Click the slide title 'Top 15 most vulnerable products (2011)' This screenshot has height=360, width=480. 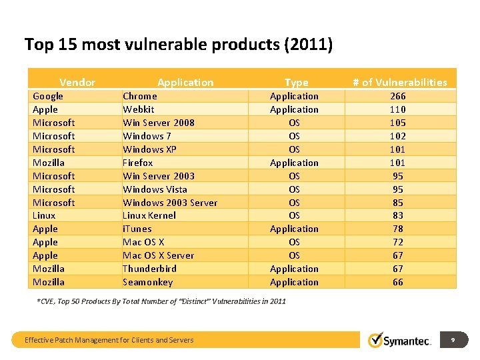tap(178, 45)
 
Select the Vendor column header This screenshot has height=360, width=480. tap(77, 83)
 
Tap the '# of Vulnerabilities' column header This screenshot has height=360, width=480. tap(399, 83)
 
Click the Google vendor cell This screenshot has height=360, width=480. tap(48, 96)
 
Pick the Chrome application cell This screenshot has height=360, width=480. tap(140, 96)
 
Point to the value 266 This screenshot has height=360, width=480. tap(397, 96)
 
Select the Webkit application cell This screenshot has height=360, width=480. tap(139, 109)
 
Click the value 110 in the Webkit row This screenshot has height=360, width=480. tap(397, 109)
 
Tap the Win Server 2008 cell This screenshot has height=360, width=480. tap(159, 123)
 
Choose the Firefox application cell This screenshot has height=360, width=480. tap(138, 163)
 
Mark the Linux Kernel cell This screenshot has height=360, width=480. tap(149, 215)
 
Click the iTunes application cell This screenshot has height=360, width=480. tap(137, 229)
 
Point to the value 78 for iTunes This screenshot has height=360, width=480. tap(397, 229)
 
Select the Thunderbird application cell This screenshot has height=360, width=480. tap(150, 269)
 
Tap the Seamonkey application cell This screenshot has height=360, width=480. tap(147, 282)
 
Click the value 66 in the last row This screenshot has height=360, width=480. tap(397, 282)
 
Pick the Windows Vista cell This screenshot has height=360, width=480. tap(155, 189)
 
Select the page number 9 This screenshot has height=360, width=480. tap(453, 340)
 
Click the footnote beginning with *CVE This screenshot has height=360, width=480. tap(161, 301)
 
